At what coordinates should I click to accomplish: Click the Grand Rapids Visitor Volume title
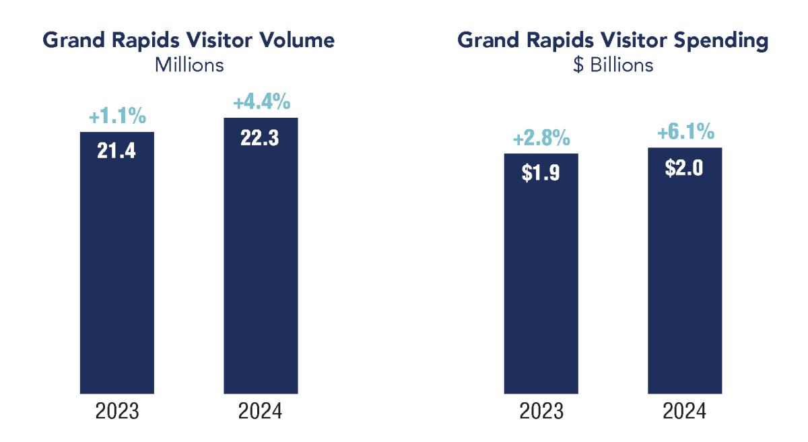tap(189, 40)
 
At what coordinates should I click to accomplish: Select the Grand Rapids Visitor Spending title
tap(613, 40)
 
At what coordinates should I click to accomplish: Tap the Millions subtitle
tap(189, 65)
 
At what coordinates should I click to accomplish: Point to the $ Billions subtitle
tap(612, 65)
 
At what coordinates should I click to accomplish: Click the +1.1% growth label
tap(117, 117)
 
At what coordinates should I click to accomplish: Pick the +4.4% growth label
tap(261, 103)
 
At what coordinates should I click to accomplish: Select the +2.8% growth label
tap(541, 139)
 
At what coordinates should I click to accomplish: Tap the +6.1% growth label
tap(685, 133)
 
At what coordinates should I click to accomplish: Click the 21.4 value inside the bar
tap(117, 151)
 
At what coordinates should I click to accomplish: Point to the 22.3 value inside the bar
tap(261, 137)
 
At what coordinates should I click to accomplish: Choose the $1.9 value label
tap(541, 173)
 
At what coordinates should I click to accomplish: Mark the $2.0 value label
tap(685, 167)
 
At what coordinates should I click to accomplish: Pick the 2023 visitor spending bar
tap(541, 289)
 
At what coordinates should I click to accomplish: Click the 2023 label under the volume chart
tap(117, 412)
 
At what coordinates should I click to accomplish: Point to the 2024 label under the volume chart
tap(261, 412)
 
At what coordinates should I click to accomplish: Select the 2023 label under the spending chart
tap(541, 412)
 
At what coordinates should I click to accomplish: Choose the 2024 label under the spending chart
tap(685, 412)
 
